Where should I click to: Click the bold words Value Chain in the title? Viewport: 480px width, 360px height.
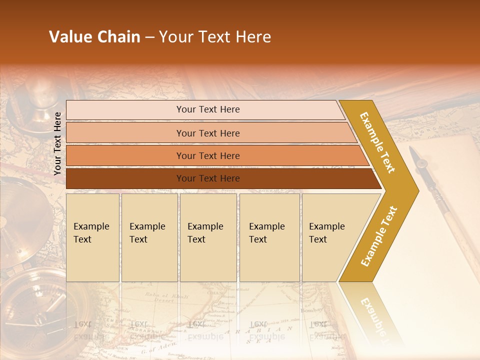pyautogui.click(x=94, y=37)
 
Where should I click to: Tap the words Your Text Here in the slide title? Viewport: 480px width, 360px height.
pyautogui.click(x=215, y=37)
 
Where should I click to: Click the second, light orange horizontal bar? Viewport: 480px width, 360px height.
pyautogui.click(x=208, y=133)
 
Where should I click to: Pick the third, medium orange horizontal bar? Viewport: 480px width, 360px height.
pyautogui.click(x=208, y=155)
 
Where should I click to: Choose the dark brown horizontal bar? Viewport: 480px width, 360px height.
pyautogui.click(x=208, y=178)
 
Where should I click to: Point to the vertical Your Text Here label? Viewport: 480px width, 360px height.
pyautogui.click(x=57, y=143)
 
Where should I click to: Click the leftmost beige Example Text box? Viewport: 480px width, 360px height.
pyautogui.click(x=92, y=237)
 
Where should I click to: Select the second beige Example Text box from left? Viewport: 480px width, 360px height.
pyautogui.click(x=149, y=237)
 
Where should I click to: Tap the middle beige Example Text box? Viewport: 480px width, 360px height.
pyautogui.click(x=208, y=237)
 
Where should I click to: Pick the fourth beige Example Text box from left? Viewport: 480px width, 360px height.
pyautogui.click(x=269, y=237)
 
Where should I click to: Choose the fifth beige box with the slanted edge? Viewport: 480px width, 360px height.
pyautogui.click(x=330, y=237)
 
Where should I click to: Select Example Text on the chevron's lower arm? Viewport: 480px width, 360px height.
pyautogui.click(x=378, y=236)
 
